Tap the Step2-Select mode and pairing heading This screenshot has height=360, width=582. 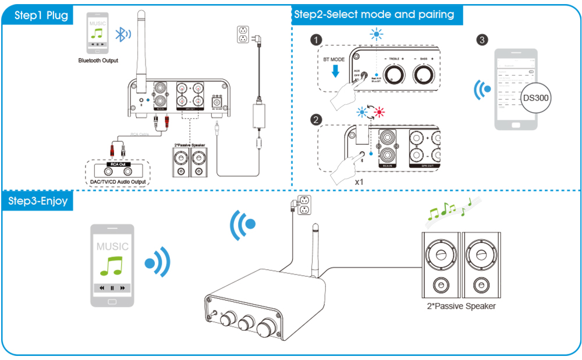(x=374, y=14)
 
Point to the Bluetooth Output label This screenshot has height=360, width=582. (x=98, y=60)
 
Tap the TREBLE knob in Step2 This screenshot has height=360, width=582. (x=396, y=74)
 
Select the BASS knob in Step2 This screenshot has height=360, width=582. (x=424, y=74)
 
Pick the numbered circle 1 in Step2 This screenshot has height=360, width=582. (x=315, y=40)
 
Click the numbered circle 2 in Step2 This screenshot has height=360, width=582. (x=316, y=120)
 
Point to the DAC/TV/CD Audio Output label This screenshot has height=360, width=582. (x=118, y=183)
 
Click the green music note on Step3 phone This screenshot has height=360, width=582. (x=112, y=266)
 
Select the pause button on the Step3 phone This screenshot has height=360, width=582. (x=112, y=288)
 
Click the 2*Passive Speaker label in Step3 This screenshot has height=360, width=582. (x=460, y=306)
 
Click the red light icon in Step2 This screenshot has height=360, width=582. (x=380, y=112)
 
